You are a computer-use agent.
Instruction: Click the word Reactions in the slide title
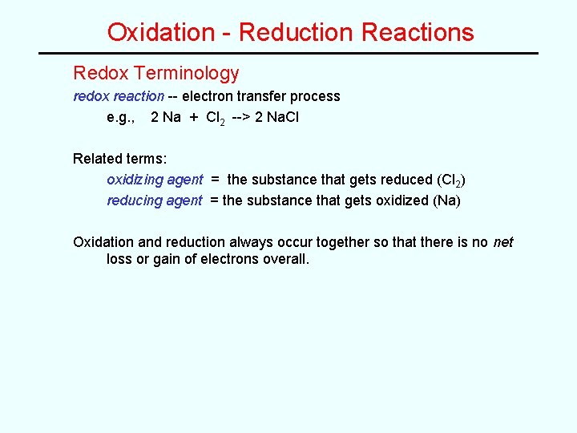pos(418,32)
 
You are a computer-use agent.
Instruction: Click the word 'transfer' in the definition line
pos(249,96)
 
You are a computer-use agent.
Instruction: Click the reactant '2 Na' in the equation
pos(166,117)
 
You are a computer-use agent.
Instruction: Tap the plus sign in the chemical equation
pos(194,117)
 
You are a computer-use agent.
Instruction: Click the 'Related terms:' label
pos(119,159)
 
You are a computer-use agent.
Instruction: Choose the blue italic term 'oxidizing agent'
pos(155,180)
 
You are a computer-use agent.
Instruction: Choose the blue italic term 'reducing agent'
pos(155,200)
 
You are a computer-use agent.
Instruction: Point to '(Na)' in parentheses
pos(446,200)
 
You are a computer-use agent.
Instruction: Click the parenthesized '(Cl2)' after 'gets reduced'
pos(452,180)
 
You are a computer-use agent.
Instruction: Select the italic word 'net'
pos(503,242)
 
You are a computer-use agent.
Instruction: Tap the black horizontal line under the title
pos(288,53)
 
